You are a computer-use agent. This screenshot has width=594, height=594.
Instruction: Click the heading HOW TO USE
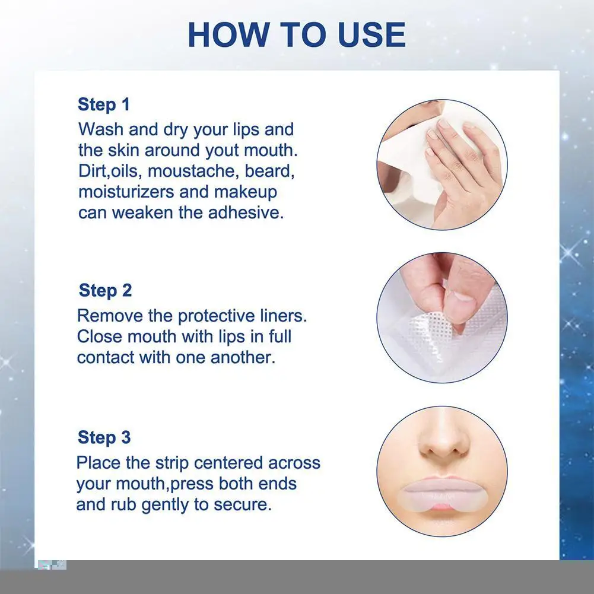(297, 35)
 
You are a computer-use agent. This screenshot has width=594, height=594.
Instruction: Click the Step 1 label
(104, 104)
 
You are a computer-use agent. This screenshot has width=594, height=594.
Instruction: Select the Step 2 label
(105, 291)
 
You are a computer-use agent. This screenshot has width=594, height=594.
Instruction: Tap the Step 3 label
(104, 437)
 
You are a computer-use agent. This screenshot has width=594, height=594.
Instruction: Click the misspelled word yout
(223, 151)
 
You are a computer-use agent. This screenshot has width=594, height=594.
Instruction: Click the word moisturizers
(126, 192)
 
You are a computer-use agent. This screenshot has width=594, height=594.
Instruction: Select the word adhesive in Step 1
(246, 212)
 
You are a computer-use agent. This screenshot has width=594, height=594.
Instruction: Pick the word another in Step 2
(243, 357)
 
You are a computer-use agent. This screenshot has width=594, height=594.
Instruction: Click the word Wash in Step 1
(101, 129)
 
